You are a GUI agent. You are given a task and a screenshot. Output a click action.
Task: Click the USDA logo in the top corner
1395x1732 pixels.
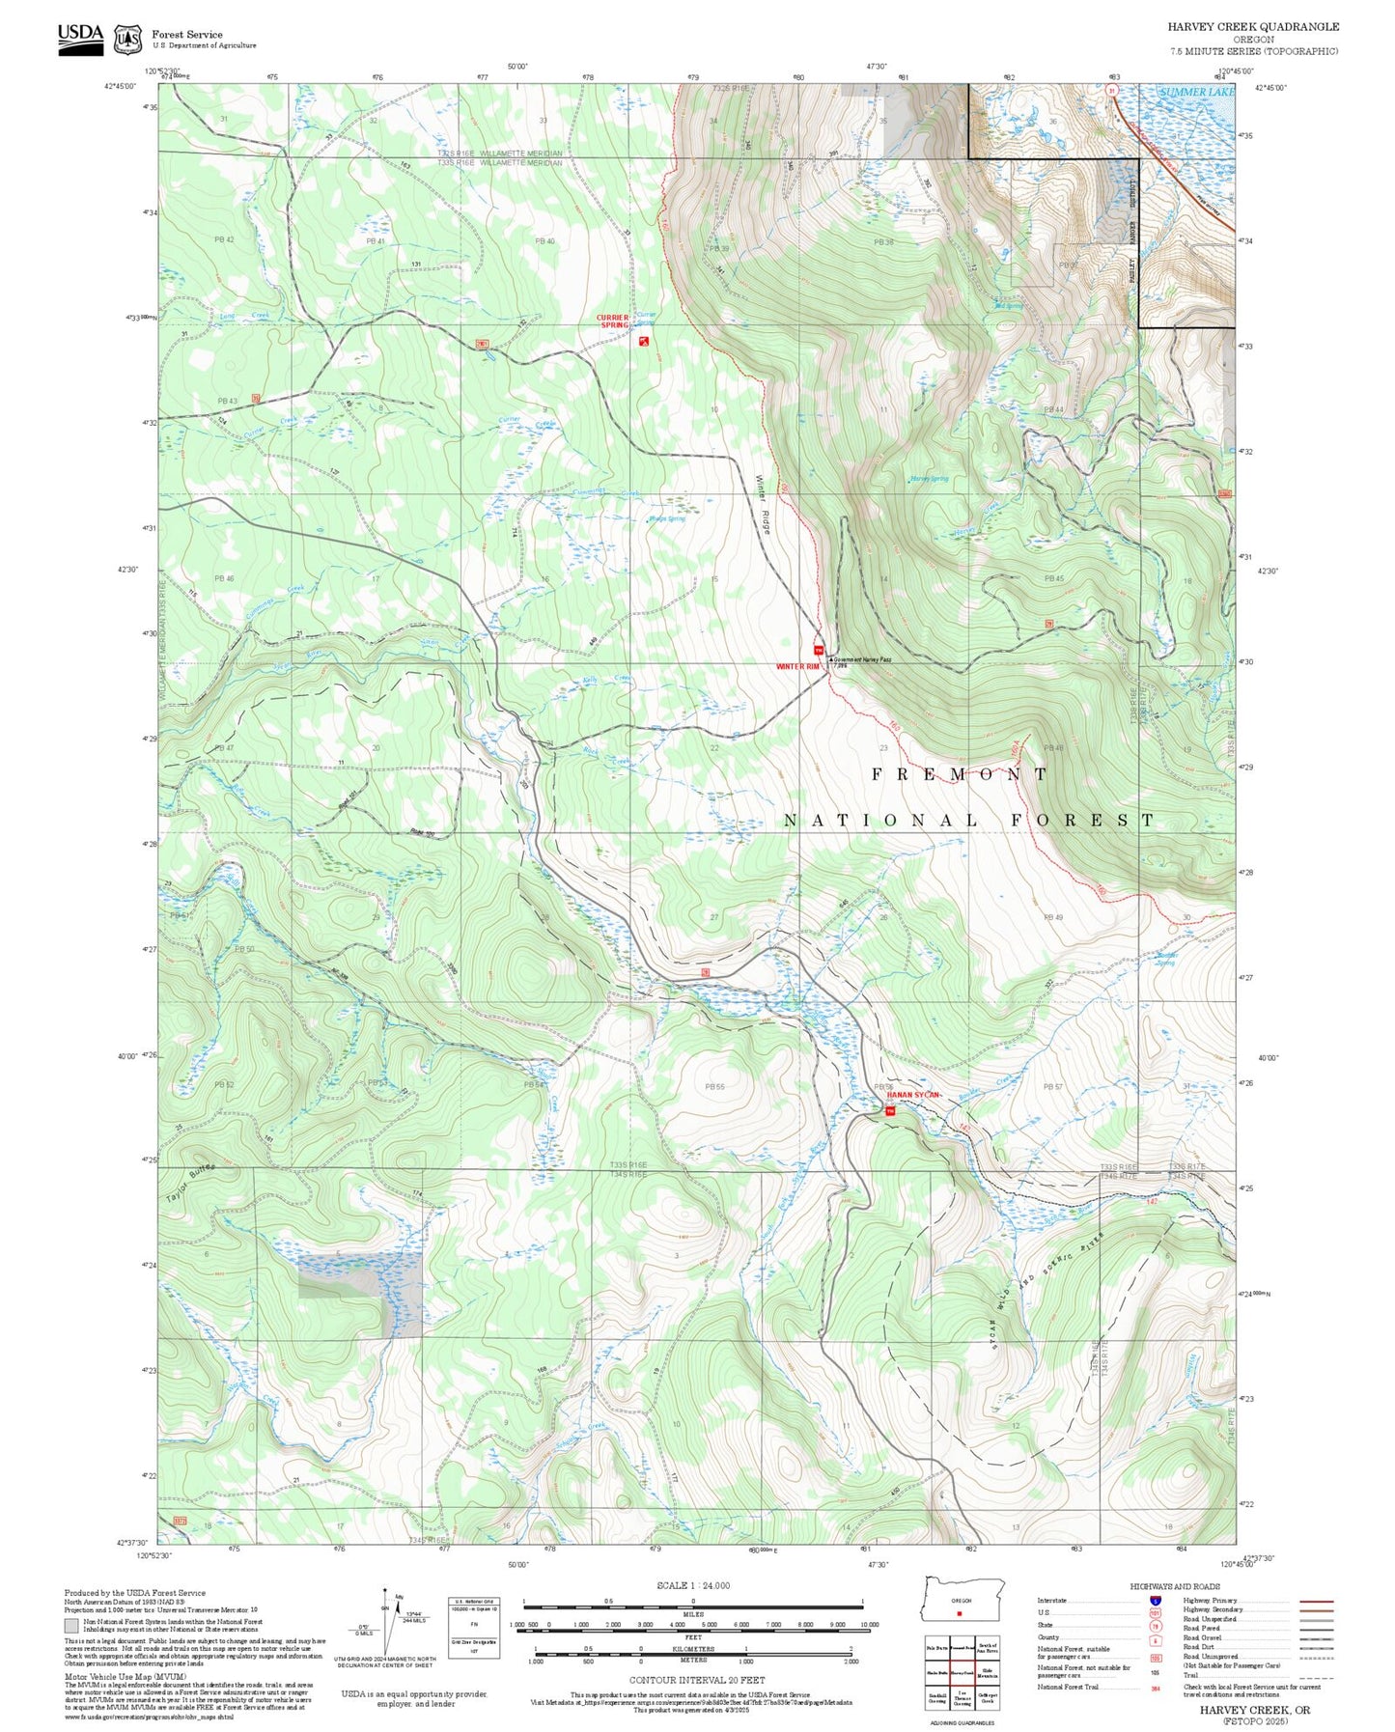point(80,38)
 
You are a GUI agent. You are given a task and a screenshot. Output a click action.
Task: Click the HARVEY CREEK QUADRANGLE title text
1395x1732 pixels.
point(1252,26)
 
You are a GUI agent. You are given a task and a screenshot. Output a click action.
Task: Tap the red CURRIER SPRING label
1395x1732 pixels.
point(612,321)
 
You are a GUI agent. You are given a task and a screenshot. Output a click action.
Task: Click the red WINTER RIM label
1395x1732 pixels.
point(797,667)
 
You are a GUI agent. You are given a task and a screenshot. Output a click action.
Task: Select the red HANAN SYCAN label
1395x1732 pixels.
point(912,1095)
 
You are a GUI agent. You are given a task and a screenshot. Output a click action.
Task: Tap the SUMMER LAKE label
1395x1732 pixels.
point(1196,93)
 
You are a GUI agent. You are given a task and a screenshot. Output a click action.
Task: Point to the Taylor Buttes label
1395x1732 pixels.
point(190,1182)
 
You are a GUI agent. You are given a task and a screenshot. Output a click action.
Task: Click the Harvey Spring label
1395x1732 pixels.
point(929,479)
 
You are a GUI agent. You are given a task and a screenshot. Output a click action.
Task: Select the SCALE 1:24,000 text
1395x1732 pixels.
point(693,1585)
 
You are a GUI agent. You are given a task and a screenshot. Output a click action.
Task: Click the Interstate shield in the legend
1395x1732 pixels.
point(1156,1601)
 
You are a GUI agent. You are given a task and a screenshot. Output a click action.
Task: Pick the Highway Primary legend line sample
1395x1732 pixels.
point(1317,1601)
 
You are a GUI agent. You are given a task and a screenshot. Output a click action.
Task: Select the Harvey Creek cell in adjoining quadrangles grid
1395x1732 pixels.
point(962,1673)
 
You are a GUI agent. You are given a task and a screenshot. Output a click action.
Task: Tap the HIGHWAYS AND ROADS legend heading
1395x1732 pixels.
point(1181,1586)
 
